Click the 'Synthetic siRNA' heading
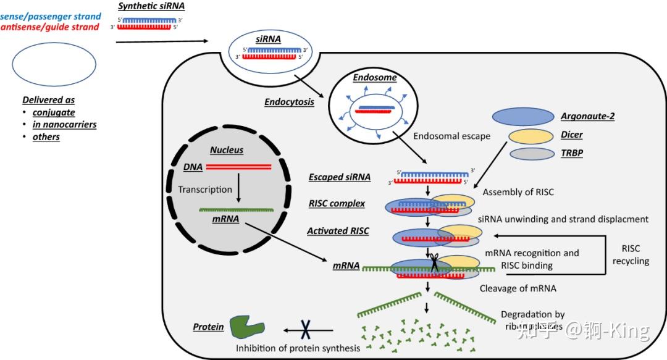tap(151, 6)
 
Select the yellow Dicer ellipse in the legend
tap(530, 136)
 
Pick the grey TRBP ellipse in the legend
tap(531, 154)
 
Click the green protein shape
tap(246, 327)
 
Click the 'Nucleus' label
tap(227, 150)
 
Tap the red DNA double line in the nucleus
tap(238, 167)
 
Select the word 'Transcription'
tap(205, 190)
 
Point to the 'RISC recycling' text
tap(631, 254)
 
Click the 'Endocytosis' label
tap(289, 103)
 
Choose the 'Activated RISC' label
tap(338, 231)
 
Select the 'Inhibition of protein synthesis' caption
tap(298, 348)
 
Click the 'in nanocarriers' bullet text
tap(64, 124)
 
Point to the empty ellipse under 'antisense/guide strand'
tap(54, 64)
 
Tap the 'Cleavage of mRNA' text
tap(518, 288)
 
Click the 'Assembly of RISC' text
tap(518, 192)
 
